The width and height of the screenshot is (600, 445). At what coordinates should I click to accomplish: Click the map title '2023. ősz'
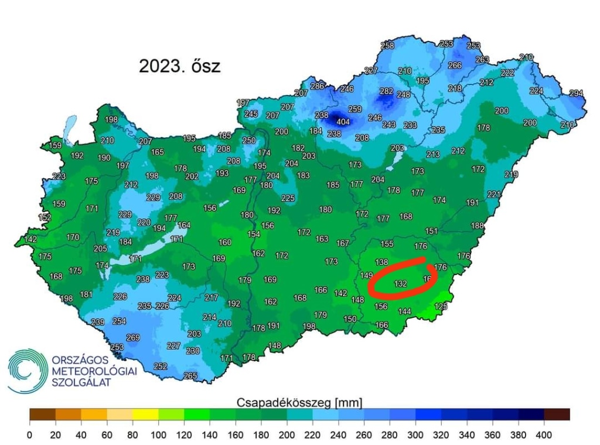[x=179, y=66]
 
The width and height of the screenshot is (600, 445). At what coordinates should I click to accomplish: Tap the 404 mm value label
[x=343, y=122]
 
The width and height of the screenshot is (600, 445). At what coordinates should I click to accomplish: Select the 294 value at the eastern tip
[x=577, y=93]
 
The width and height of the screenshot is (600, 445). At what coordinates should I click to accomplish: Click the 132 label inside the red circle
[x=401, y=284]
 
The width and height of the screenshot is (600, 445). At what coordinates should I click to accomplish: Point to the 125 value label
[x=441, y=306]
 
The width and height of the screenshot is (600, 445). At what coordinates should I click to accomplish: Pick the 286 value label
[x=317, y=86]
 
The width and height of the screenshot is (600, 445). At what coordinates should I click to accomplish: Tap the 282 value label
[x=386, y=91]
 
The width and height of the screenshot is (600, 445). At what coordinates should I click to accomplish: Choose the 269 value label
[x=133, y=338]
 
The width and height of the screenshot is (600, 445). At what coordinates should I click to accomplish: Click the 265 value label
[x=190, y=376]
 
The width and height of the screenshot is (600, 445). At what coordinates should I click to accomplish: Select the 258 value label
[x=387, y=45]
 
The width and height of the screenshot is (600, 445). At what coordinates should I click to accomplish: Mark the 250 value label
[x=249, y=140]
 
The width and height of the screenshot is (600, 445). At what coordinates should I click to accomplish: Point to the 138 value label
[x=381, y=262]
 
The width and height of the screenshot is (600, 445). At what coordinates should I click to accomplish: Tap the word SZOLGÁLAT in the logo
[x=80, y=382]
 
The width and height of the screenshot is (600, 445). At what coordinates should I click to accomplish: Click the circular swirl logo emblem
[x=27, y=371]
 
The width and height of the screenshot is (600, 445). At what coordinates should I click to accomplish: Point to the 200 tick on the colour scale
[x=287, y=435]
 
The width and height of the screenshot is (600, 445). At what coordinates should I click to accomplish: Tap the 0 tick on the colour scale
[x=29, y=435]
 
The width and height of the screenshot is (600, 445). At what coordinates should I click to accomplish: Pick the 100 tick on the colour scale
[x=158, y=435]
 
